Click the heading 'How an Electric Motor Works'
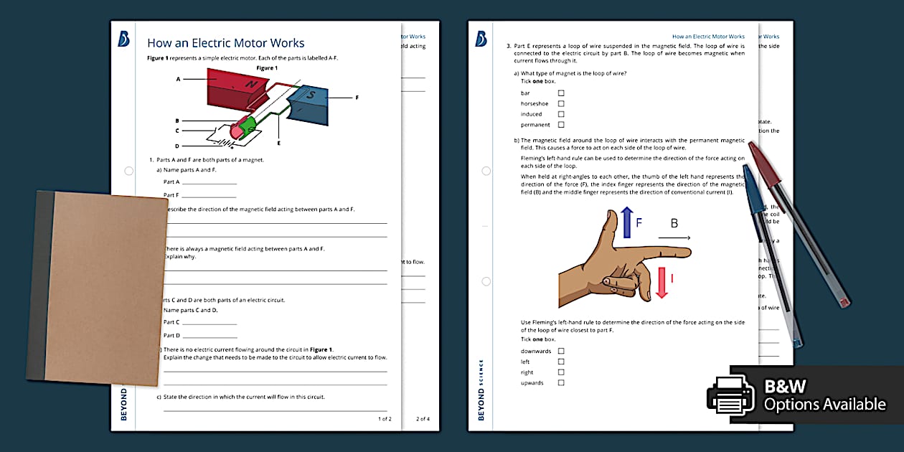225,43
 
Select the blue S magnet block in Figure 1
307,102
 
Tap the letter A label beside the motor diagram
178,79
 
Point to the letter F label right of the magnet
357,96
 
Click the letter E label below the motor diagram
278,143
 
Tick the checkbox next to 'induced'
561,114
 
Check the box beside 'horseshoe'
561,103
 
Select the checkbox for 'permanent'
561,125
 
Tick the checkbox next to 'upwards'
561,382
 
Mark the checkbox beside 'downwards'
561,351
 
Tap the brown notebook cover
100,287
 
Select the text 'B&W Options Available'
824,395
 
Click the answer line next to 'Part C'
209,323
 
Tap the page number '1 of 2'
385,418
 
